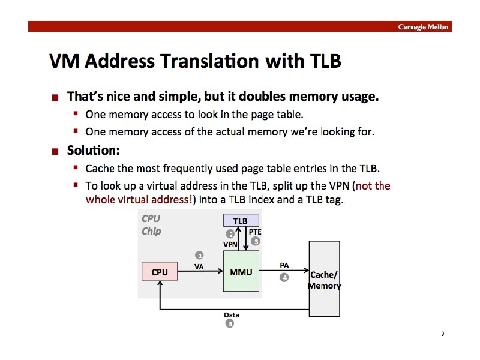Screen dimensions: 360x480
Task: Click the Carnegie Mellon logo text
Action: point(424,27)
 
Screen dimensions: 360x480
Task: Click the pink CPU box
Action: point(160,272)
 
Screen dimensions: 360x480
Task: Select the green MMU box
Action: point(241,272)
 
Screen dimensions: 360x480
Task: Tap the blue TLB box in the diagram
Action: point(241,221)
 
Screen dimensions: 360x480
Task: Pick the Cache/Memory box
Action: point(324,279)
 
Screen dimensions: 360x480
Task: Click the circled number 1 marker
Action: point(199,256)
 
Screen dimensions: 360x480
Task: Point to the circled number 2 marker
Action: point(229,234)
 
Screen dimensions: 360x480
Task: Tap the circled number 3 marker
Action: point(255,241)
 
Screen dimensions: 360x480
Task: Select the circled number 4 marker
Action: point(284,277)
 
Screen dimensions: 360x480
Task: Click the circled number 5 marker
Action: point(229,324)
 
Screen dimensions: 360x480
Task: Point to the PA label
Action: point(284,265)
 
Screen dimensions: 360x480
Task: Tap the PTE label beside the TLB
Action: point(255,232)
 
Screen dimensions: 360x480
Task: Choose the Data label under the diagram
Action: point(232,314)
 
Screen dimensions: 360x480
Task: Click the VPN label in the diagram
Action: point(230,245)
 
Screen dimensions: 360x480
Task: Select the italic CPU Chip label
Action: point(151,225)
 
